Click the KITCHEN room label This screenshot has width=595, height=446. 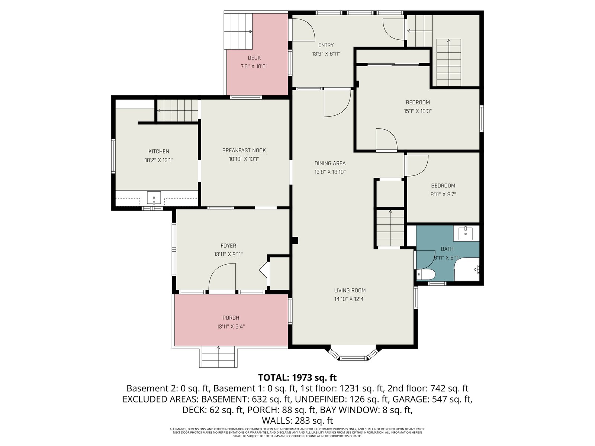158,151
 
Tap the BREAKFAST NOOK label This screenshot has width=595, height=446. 244,150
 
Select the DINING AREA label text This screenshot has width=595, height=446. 330,163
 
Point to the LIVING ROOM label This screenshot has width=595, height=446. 350,290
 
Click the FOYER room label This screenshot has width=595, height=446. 228,246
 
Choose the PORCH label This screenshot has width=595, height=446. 231,318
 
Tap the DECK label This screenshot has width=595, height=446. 254,58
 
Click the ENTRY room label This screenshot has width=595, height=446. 326,45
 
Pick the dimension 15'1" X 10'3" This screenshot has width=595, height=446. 418,111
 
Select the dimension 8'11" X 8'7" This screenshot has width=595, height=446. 443,194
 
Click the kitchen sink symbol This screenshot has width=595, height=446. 154,198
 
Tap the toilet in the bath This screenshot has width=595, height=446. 425,274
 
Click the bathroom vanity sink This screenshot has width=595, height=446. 466,234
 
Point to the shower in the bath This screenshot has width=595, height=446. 466,269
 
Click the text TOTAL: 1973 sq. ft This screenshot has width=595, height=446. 297,378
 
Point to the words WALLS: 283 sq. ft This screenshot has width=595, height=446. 297,421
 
